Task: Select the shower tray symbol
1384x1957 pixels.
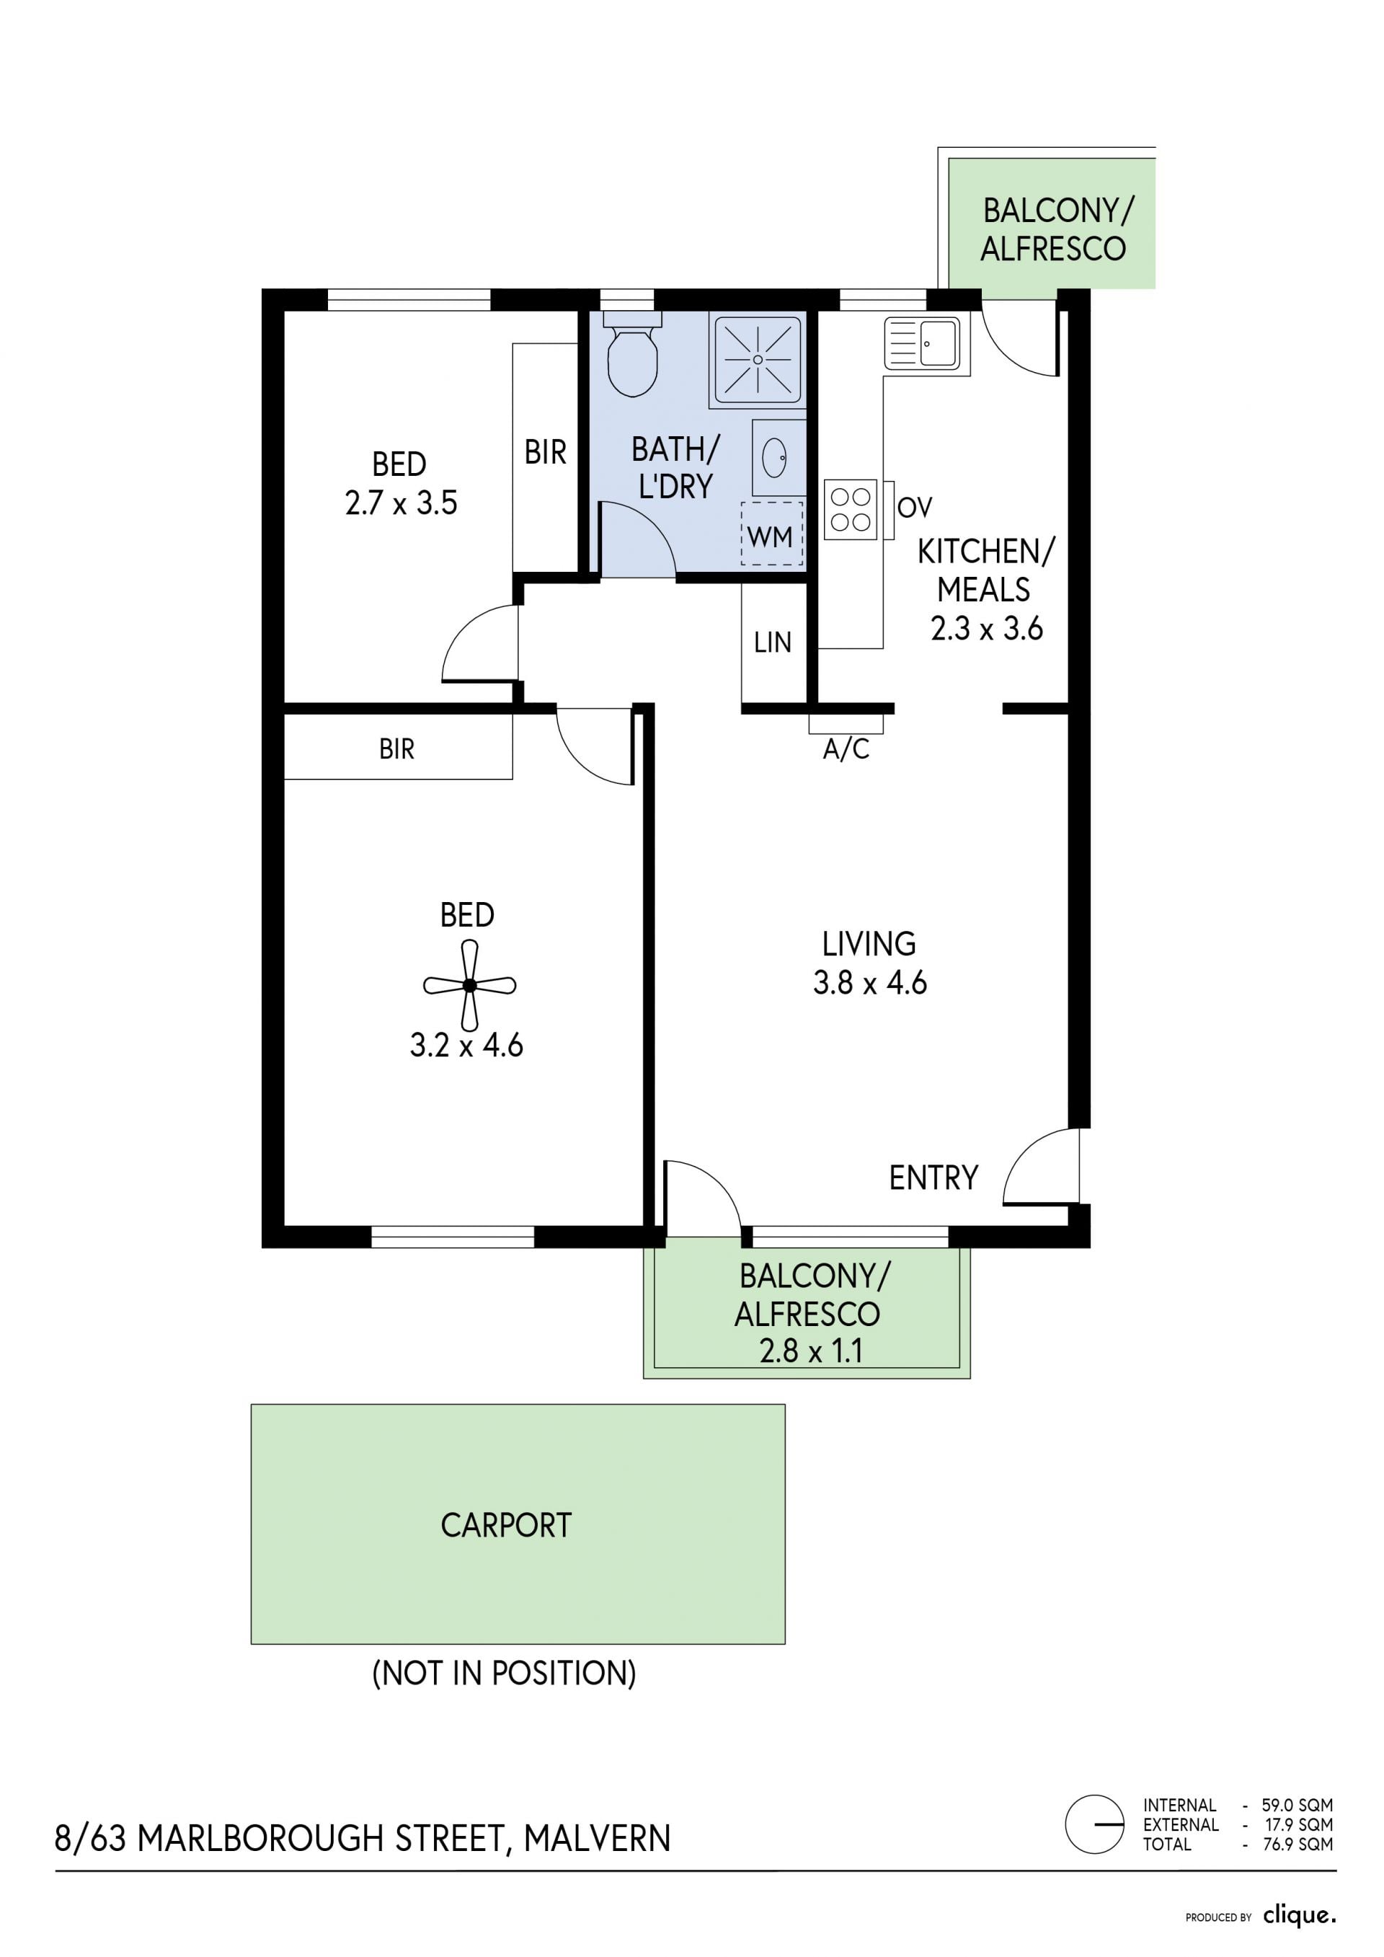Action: pyautogui.click(x=758, y=359)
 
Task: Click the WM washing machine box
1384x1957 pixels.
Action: pyautogui.click(x=771, y=534)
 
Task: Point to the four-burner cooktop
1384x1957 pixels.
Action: pyautogui.click(x=851, y=510)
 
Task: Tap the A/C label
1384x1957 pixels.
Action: pyautogui.click(x=846, y=749)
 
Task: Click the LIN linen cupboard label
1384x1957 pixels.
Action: pyautogui.click(x=772, y=642)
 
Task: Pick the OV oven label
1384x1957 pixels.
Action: pyautogui.click(x=915, y=508)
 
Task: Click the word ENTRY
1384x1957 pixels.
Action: pyautogui.click(x=933, y=1178)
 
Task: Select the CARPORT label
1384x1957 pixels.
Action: pyautogui.click(x=506, y=1525)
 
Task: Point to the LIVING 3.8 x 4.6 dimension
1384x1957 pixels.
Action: pyautogui.click(x=869, y=983)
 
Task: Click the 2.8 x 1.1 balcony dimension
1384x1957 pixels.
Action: pyautogui.click(x=812, y=1351)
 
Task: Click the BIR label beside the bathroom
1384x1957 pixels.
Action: pyautogui.click(x=546, y=451)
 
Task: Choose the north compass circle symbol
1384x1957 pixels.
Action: pyautogui.click(x=1094, y=1824)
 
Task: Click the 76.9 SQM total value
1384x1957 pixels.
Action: pyautogui.click(x=1299, y=1844)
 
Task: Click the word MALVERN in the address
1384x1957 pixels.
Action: pyautogui.click(x=598, y=1838)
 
